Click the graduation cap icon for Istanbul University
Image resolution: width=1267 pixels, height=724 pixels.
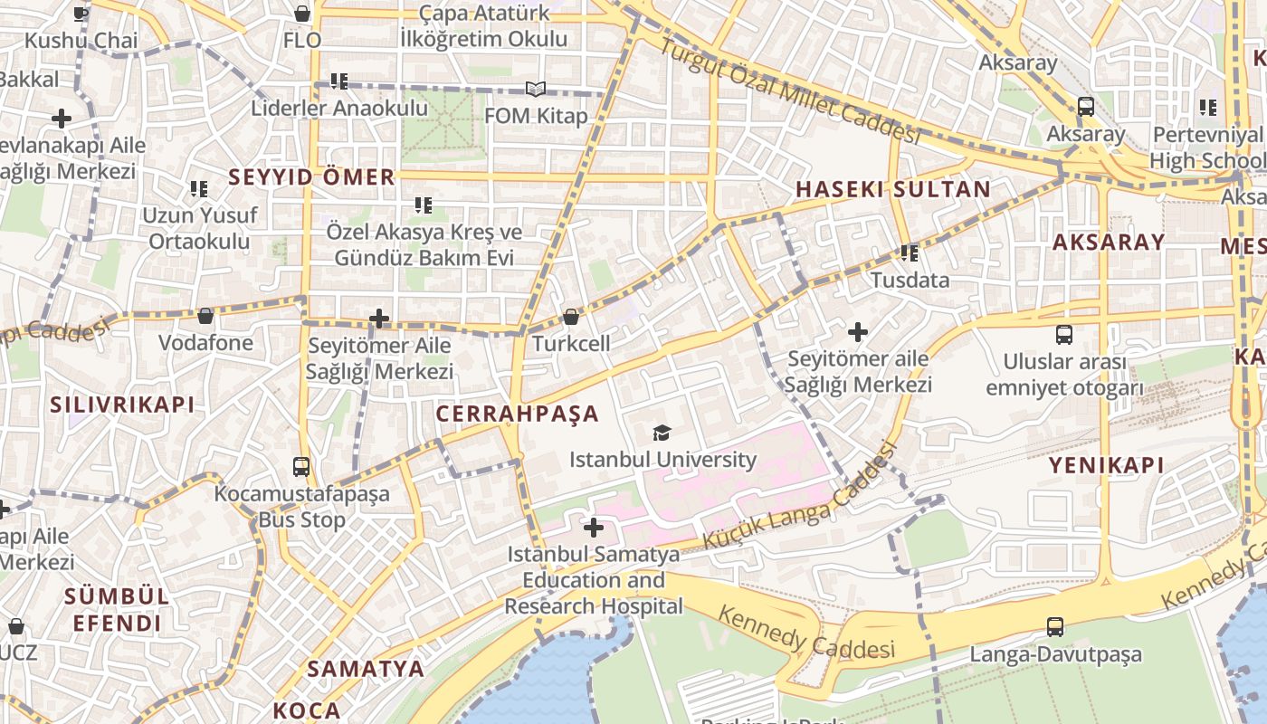click(662, 433)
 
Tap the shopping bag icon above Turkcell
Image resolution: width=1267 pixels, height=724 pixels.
click(571, 317)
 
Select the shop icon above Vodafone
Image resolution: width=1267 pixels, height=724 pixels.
click(205, 316)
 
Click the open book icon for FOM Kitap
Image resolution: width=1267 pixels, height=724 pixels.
click(536, 89)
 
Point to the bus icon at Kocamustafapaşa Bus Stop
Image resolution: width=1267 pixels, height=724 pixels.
click(301, 467)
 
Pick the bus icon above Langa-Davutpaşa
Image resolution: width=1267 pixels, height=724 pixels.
click(1055, 626)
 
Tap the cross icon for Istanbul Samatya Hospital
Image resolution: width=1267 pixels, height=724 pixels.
click(594, 527)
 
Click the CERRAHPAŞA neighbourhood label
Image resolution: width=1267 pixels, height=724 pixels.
click(518, 414)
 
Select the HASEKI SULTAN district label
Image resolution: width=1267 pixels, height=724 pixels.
click(892, 189)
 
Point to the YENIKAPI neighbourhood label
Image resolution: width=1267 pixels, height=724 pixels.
click(1106, 465)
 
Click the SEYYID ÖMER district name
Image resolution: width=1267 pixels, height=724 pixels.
click(311, 176)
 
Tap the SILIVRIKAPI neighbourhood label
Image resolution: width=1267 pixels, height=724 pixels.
click(122, 405)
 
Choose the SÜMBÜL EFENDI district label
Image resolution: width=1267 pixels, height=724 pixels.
click(117, 610)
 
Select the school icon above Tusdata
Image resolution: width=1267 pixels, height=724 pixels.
click(910, 252)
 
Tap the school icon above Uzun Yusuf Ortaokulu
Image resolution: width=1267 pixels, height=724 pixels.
click(199, 189)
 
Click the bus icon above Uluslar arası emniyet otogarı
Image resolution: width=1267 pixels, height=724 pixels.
click(1064, 334)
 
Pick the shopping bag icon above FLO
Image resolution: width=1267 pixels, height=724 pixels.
click(302, 14)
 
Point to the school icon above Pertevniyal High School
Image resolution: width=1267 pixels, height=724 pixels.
click(1207, 108)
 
